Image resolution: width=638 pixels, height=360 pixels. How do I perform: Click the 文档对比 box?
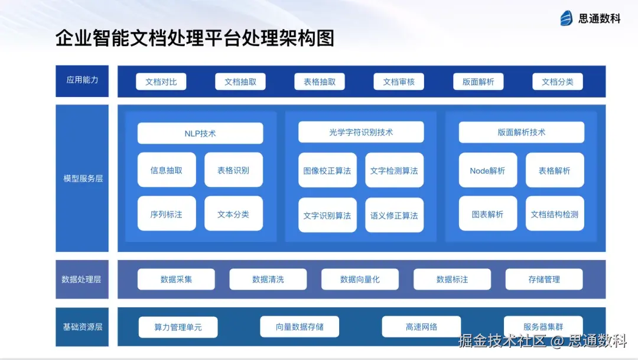(x=161, y=82)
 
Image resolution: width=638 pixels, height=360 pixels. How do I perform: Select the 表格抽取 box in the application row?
(x=320, y=82)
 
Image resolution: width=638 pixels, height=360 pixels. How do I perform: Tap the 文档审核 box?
(x=399, y=82)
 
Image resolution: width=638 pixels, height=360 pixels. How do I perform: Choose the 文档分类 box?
(x=558, y=82)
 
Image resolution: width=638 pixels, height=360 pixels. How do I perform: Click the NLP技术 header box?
(x=200, y=133)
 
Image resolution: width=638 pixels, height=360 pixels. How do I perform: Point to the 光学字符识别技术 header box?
(x=361, y=132)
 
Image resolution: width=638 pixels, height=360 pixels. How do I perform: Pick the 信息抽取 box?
(x=167, y=170)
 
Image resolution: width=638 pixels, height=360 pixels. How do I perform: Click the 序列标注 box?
(x=167, y=214)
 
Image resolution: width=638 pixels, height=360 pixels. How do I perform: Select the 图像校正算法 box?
(x=327, y=170)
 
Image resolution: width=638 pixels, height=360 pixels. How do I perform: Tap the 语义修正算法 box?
(x=394, y=215)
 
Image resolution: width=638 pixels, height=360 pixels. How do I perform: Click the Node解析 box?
(x=488, y=170)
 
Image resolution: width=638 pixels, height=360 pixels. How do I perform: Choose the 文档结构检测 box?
(x=555, y=214)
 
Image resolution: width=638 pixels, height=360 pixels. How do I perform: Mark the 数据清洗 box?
(x=268, y=279)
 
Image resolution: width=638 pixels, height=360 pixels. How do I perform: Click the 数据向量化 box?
(x=360, y=279)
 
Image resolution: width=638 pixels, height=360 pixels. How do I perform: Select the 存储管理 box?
(x=544, y=279)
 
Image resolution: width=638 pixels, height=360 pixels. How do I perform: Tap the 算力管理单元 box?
(x=178, y=327)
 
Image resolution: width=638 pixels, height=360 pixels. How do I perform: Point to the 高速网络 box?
(x=421, y=327)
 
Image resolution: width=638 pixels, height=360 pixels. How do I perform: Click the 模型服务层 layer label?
(x=83, y=178)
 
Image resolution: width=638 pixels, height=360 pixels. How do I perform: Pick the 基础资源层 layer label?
(x=83, y=326)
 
